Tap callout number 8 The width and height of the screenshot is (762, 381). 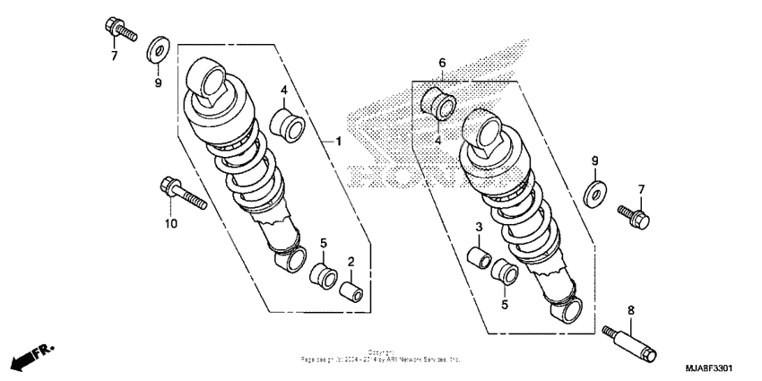630,309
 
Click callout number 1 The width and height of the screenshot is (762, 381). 339,142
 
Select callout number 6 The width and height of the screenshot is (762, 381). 441,63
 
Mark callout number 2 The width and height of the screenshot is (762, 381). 351,261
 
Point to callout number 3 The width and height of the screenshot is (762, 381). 480,227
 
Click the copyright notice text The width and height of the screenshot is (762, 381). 382,356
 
